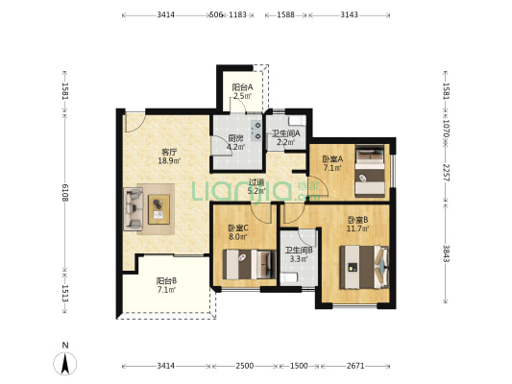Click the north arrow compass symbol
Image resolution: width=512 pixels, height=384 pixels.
65,364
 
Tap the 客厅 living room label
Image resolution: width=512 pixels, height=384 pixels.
169,152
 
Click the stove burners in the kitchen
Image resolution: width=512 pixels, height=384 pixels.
257,131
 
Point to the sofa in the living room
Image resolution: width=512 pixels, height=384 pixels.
134,209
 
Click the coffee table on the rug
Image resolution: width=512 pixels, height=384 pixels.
159,209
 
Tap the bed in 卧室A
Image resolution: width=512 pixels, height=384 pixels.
370,171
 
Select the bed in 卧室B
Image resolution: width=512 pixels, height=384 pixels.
364,267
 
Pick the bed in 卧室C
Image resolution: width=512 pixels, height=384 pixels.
250,264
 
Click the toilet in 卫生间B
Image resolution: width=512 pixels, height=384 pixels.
289,278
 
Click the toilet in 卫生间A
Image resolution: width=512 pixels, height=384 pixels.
298,121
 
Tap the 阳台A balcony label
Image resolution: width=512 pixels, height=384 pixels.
242,87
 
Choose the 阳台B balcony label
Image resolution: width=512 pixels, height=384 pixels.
166,280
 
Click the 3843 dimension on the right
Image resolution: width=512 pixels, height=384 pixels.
447,253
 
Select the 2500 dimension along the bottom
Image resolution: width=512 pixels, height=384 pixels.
245,366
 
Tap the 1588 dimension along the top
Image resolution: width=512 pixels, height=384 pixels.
285,14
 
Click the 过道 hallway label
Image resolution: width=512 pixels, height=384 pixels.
256,182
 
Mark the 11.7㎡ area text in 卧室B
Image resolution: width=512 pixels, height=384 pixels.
358,228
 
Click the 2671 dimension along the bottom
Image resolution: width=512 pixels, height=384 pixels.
355,366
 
